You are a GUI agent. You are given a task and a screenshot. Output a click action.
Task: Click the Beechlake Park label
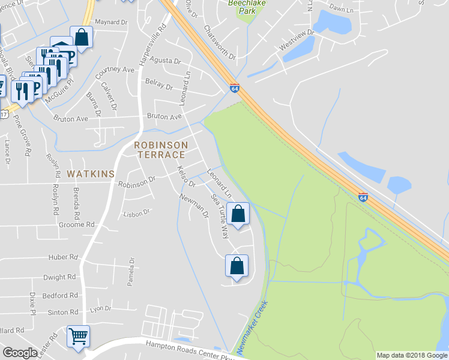(x=246, y=7)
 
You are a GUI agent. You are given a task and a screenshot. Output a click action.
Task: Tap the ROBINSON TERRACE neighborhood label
(x=161, y=150)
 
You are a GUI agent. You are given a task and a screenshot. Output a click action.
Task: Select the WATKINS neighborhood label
(x=91, y=174)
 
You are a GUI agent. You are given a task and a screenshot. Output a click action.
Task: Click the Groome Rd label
(x=82, y=224)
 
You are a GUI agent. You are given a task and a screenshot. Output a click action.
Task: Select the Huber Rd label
(x=64, y=257)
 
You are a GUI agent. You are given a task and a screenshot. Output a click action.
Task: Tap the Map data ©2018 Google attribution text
(x=412, y=355)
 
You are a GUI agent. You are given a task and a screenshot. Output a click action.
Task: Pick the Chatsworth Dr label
(x=219, y=42)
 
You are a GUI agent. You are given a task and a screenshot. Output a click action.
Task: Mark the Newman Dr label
(x=193, y=205)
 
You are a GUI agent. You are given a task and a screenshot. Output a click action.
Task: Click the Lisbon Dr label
(x=136, y=212)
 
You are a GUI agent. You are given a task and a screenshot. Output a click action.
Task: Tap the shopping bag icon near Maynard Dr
(x=81, y=37)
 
